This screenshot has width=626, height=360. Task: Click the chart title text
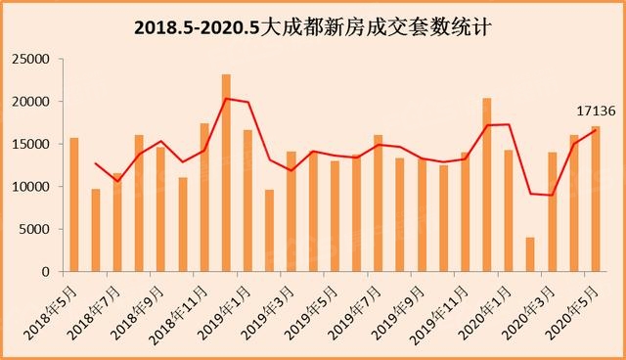point(312,26)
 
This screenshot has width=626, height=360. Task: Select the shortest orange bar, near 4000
point(530,254)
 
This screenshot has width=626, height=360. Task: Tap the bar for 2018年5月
point(73,205)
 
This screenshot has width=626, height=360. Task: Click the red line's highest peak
point(227,98)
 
